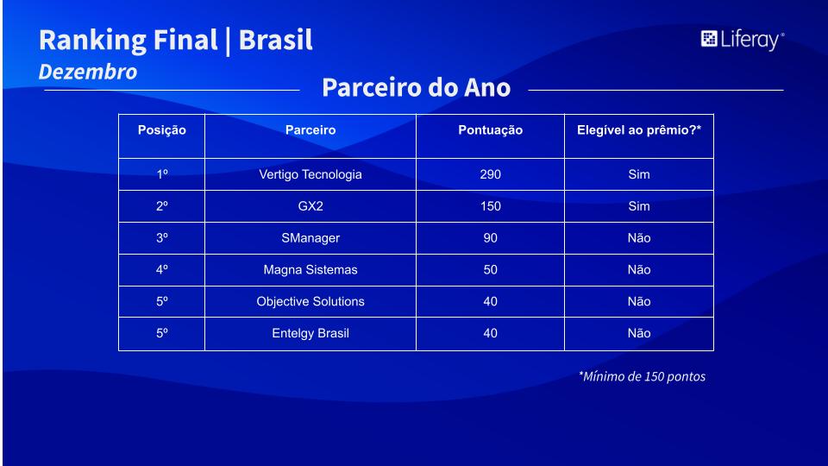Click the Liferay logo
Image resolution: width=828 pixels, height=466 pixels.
pyautogui.click(x=743, y=40)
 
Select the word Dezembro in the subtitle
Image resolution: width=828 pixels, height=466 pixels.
pyautogui.click(x=88, y=72)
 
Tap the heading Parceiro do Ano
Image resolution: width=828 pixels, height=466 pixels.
pyautogui.click(x=416, y=87)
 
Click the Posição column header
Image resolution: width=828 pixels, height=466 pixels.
pyautogui.click(x=161, y=130)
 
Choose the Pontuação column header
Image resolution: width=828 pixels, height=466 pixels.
pyautogui.click(x=490, y=130)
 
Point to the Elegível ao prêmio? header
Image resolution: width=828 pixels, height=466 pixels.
pyautogui.click(x=639, y=130)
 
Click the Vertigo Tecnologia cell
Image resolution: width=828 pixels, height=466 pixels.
pyautogui.click(x=310, y=174)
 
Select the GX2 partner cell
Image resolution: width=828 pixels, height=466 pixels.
pyautogui.click(x=310, y=206)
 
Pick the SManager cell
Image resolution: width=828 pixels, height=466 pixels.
pyautogui.click(x=310, y=238)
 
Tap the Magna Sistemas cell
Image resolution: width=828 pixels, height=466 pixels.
pyautogui.click(x=310, y=270)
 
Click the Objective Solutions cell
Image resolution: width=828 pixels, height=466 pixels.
pyautogui.click(x=310, y=302)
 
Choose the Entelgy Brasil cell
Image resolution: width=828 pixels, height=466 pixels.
pyautogui.click(x=310, y=333)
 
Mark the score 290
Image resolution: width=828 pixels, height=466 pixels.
pyautogui.click(x=491, y=174)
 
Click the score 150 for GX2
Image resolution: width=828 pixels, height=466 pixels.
pyautogui.click(x=491, y=206)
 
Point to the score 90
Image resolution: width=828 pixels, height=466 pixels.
pyautogui.click(x=491, y=238)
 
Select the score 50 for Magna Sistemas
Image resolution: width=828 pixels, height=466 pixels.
pyautogui.click(x=491, y=269)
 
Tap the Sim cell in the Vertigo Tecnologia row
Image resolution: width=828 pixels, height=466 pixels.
pyautogui.click(x=639, y=174)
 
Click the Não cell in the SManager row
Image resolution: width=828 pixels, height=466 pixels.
pyautogui.click(x=639, y=238)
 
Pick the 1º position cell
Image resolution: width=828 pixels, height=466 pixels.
pyautogui.click(x=162, y=174)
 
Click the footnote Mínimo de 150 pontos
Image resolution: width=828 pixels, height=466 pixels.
pyautogui.click(x=642, y=377)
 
